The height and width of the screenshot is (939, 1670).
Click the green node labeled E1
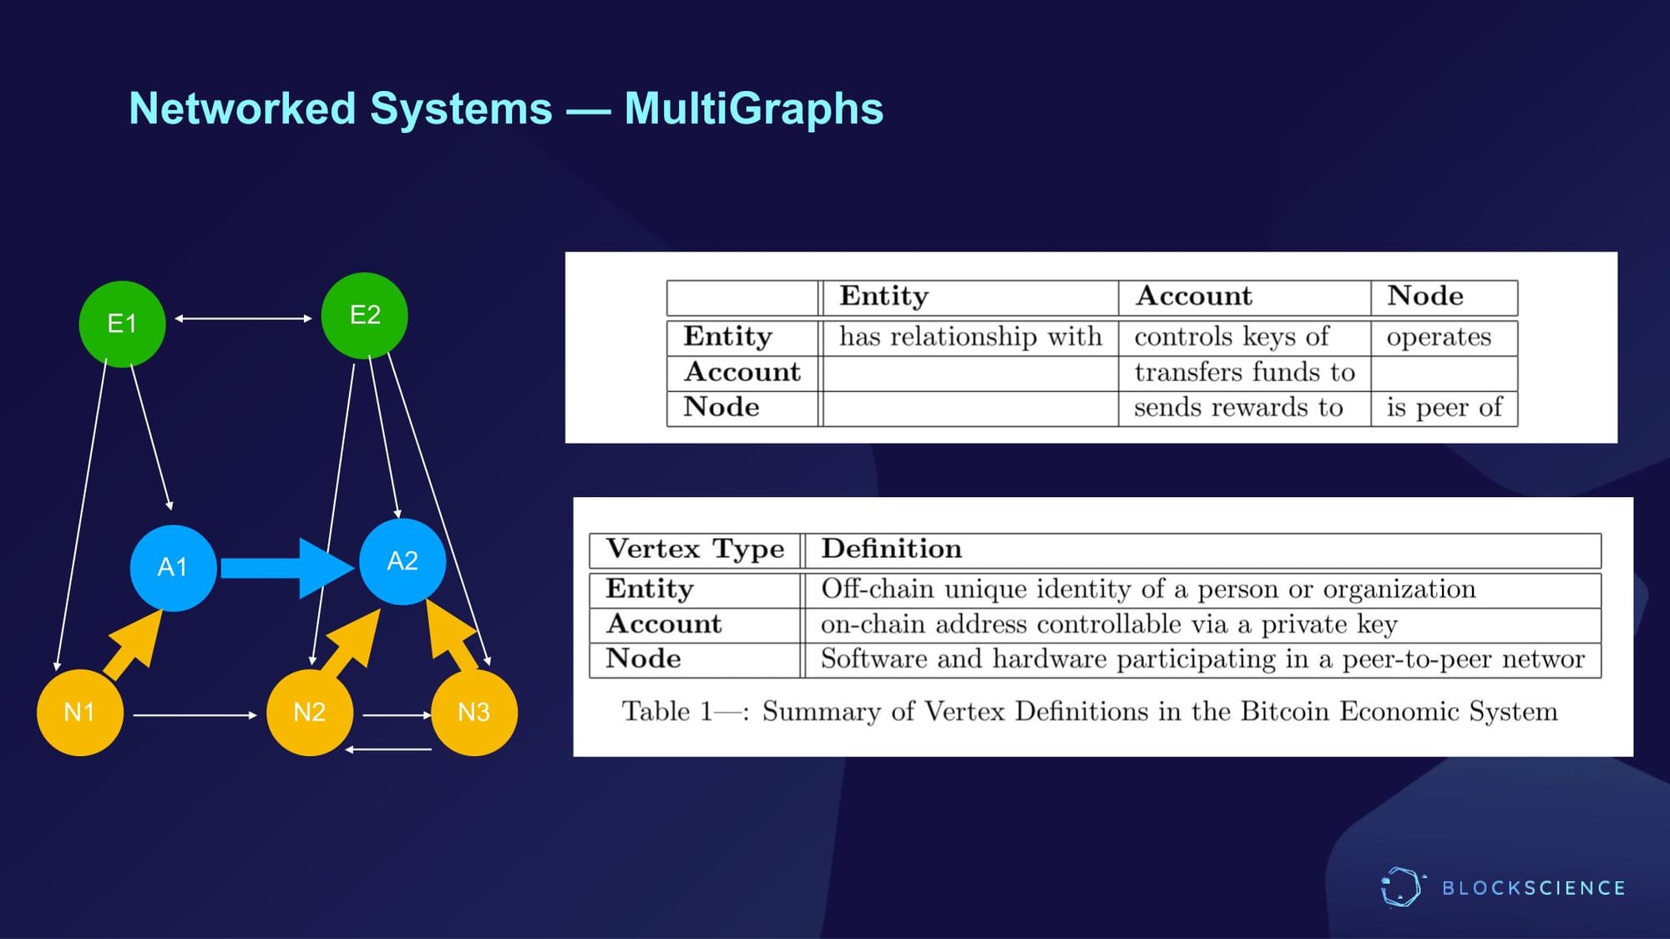(x=122, y=324)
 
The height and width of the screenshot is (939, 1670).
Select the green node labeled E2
(x=365, y=316)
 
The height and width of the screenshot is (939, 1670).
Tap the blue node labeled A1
(x=173, y=567)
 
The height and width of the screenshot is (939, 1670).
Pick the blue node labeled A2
(x=402, y=561)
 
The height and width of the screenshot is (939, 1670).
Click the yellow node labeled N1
(x=80, y=713)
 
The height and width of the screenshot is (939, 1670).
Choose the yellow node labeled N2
(x=310, y=713)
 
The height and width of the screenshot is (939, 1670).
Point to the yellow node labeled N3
(x=474, y=713)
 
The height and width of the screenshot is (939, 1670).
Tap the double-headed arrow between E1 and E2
(x=243, y=318)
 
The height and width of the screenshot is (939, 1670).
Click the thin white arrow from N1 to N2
(x=195, y=715)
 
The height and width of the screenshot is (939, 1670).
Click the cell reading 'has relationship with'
(x=970, y=337)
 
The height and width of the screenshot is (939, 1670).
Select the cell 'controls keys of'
(x=1232, y=337)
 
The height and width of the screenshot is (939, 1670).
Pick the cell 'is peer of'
(x=1444, y=408)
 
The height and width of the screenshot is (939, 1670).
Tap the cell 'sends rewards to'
(x=1238, y=408)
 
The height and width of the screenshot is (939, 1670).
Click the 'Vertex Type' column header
(x=695, y=549)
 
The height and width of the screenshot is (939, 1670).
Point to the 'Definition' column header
(x=891, y=549)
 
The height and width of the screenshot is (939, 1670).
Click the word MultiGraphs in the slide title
(x=753, y=109)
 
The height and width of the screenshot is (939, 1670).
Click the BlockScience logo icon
(x=1401, y=887)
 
